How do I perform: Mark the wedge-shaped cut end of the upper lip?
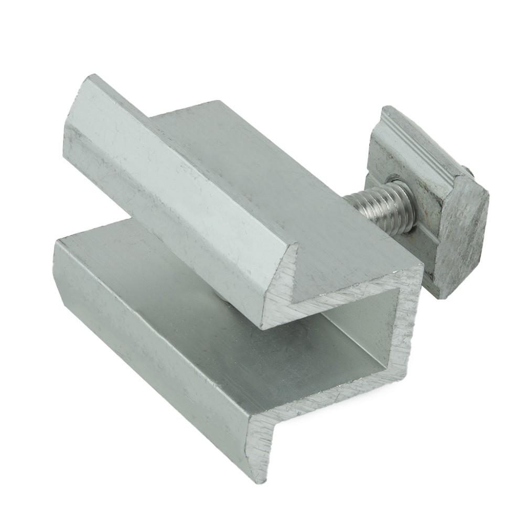[x=278, y=294]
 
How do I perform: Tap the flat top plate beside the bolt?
[x=294, y=173]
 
